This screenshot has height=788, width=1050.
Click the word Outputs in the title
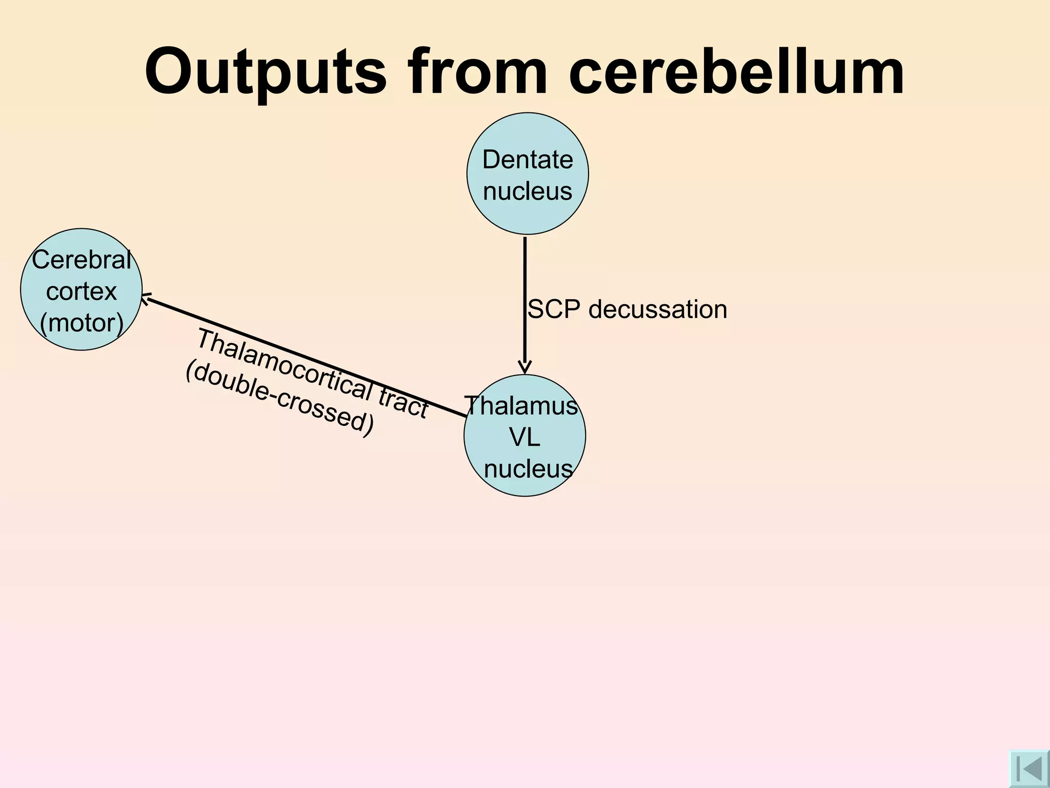[265, 72]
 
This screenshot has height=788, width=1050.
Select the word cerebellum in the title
[736, 72]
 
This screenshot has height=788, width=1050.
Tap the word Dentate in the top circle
[528, 160]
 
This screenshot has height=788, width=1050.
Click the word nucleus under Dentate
[528, 191]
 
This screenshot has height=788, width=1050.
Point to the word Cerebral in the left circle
[82, 260]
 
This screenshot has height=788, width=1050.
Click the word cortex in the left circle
[82, 291]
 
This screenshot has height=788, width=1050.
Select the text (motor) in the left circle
[82, 323]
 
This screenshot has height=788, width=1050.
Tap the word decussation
[658, 310]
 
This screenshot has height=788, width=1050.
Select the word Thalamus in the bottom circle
[521, 406]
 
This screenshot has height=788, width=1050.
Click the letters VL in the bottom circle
[524, 438]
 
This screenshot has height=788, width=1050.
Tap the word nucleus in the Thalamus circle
[528, 469]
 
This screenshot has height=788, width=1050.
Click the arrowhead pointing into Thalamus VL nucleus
[524, 367]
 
